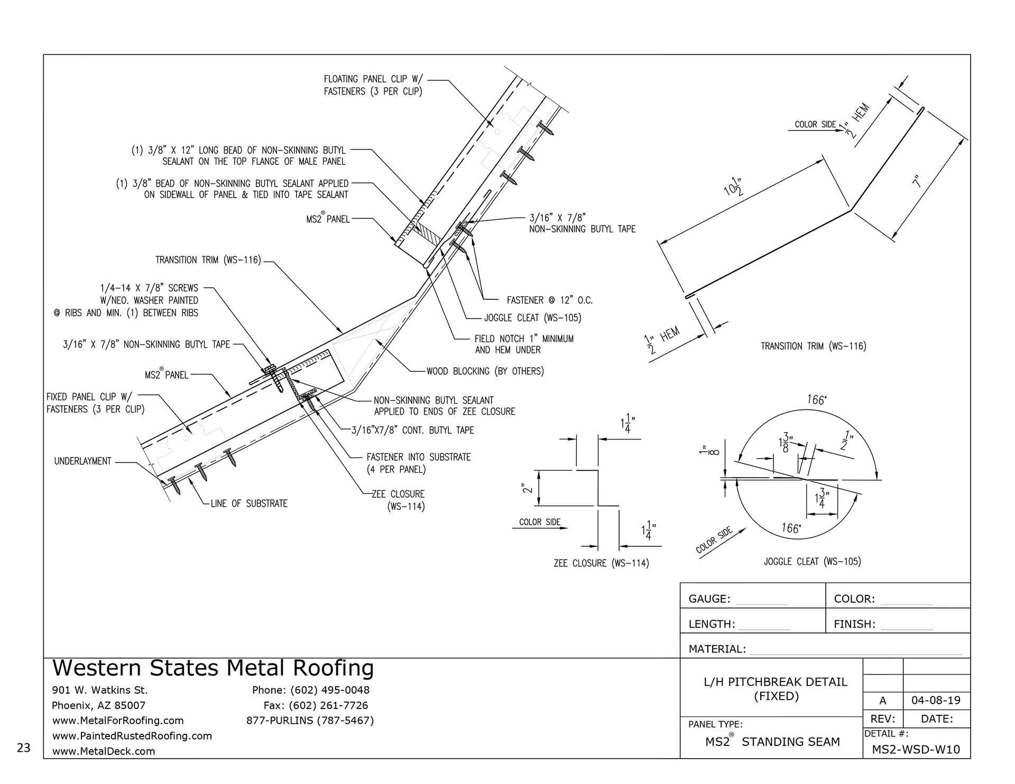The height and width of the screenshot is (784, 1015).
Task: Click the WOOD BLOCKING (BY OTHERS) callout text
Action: tap(485, 371)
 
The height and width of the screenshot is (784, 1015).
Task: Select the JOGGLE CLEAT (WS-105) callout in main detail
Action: tap(532, 318)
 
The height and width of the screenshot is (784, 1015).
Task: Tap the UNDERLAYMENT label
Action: tap(82, 461)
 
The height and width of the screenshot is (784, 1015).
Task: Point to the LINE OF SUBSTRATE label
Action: tap(248, 503)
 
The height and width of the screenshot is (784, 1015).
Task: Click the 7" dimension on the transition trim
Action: tap(917, 181)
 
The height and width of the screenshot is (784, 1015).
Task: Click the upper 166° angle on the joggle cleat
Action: tap(816, 400)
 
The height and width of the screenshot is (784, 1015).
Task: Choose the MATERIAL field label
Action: tap(717, 649)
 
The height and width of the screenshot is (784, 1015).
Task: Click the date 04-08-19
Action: tap(936, 701)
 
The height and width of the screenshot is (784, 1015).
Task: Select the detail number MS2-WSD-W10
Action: tap(916, 749)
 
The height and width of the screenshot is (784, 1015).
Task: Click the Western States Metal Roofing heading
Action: tap(213, 668)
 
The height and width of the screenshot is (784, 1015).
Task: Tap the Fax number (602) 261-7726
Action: tap(316, 705)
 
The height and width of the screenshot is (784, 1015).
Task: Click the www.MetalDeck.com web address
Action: tap(104, 751)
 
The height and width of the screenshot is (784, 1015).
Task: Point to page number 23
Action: tap(24, 748)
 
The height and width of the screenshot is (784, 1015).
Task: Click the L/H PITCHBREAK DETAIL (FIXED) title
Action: tap(776, 689)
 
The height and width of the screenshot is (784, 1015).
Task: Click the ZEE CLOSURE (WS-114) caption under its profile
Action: tap(601, 563)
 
